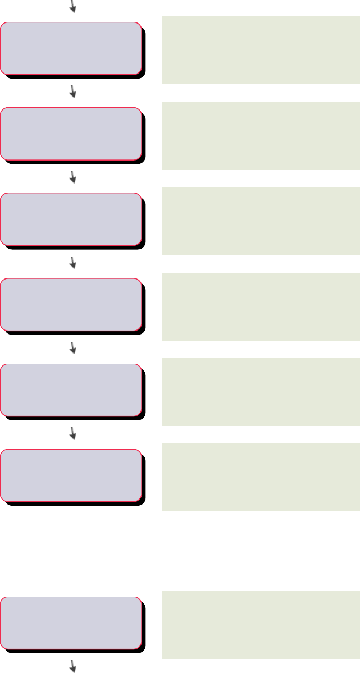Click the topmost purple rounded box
tap(70, 48)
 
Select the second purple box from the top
tap(70, 134)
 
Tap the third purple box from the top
tap(70, 219)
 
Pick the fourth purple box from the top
tap(70, 304)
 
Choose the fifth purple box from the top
tap(70, 390)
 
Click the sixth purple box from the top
tap(70, 475)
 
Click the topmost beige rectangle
tap(261, 50)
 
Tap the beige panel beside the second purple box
tap(261, 135)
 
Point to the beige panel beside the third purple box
tap(261, 221)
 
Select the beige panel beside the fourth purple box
tap(261, 306)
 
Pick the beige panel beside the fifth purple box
tap(261, 392)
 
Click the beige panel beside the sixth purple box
tap(261, 477)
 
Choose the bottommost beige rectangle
tap(261, 625)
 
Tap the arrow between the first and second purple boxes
tap(72, 91)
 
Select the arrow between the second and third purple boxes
tap(72, 177)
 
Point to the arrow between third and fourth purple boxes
tap(72, 262)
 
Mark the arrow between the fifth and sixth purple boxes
tap(72, 433)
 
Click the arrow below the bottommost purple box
tap(72, 666)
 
